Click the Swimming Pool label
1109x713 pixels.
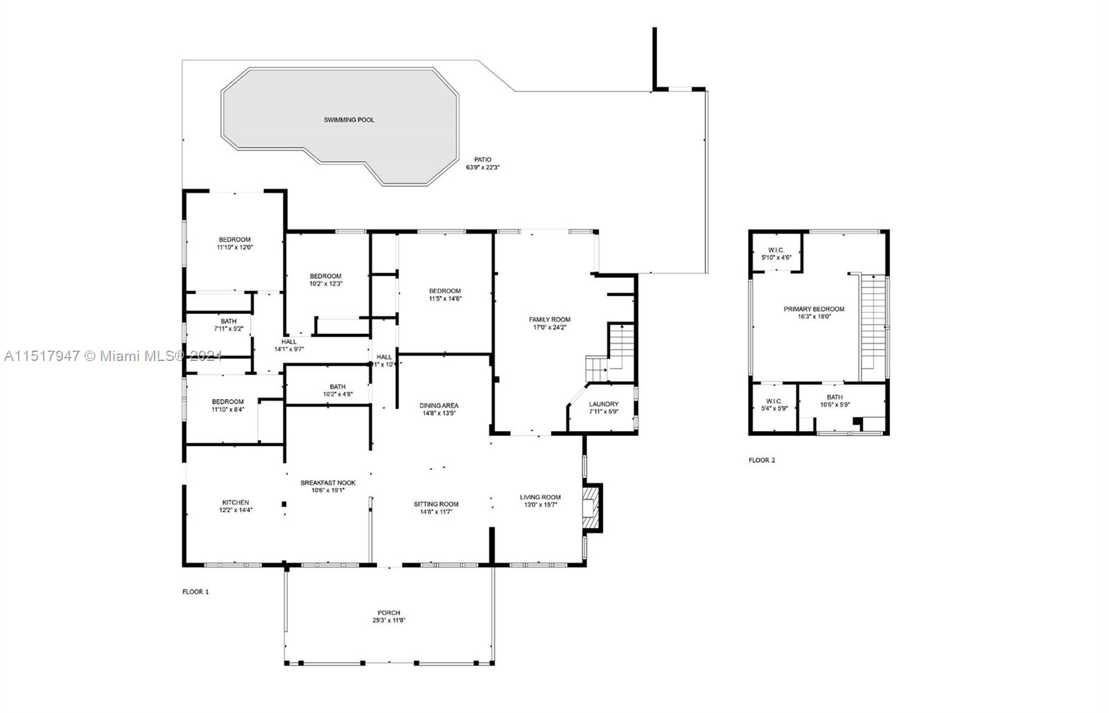coord(349,120)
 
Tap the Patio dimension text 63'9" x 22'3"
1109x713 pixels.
coord(482,168)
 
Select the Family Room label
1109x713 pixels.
coord(550,319)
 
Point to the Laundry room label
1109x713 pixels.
coord(603,404)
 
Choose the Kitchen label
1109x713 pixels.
coord(236,502)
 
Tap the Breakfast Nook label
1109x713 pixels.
coord(328,482)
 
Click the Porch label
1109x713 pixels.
coord(389,613)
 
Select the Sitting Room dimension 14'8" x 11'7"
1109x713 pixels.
coord(436,513)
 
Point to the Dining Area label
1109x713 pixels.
coord(439,405)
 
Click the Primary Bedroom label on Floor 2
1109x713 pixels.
coord(814,309)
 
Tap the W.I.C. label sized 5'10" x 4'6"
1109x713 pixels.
coord(776,249)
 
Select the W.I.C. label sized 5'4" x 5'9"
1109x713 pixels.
coord(774,400)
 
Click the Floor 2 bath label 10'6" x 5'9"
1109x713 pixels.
coord(835,397)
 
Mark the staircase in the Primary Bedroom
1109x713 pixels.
coord(874,326)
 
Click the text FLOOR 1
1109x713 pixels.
coord(195,592)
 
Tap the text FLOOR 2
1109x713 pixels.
coord(762,460)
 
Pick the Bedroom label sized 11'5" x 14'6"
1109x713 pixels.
coord(444,290)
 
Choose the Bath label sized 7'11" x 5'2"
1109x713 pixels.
coord(228,321)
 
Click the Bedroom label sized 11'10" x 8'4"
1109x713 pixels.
coord(227,401)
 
